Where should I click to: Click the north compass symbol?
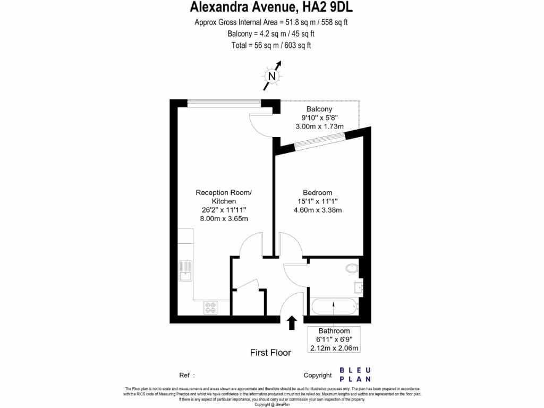coord(273,76)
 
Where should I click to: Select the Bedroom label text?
coord(317,192)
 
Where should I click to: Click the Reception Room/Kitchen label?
coord(224,197)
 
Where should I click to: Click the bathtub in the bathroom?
coord(334,307)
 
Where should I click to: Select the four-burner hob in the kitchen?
coord(210,307)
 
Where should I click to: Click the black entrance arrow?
coord(291,322)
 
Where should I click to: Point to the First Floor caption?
coord(270,353)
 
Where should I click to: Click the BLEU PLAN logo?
coord(355,375)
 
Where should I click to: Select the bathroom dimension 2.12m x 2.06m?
coord(334,348)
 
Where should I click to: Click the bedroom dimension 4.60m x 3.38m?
coord(317,210)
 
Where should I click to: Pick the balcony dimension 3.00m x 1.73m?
coord(319,126)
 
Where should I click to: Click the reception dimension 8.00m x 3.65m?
coord(224,218)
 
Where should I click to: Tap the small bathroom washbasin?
coord(358,288)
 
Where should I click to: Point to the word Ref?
coord(184,375)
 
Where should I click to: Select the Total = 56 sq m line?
coord(271,45)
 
